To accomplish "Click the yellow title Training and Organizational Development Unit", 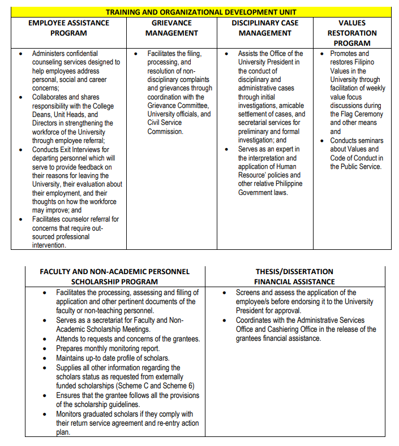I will point(201,12).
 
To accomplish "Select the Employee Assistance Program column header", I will point(68,28).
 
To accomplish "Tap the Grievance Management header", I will point(171,28).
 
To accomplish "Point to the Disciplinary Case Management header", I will point(265,28).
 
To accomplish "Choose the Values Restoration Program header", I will point(352,33).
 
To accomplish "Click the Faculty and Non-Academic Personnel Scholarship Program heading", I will point(114,276).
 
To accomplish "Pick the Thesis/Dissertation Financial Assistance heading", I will point(294,276).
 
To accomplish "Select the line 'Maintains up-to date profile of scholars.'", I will point(113,358).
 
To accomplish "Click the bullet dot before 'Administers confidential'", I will point(21,54).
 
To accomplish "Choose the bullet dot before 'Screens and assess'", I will point(225,293).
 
